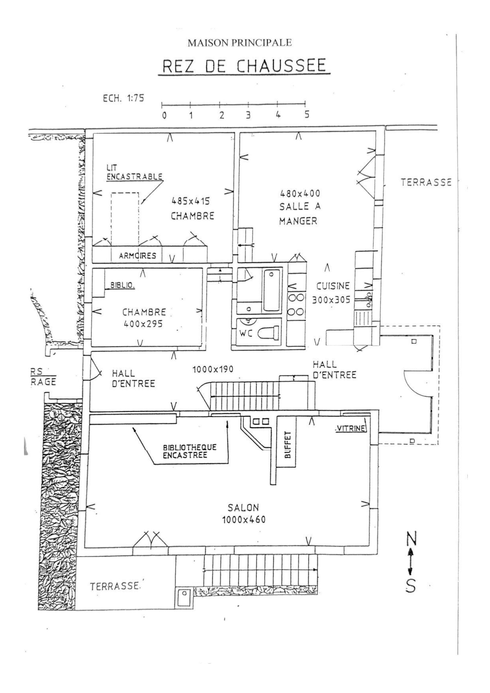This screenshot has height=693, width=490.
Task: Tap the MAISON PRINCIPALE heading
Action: (240, 43)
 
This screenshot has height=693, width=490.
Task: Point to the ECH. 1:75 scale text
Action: (124, 99)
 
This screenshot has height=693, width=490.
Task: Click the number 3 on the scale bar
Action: (248, 115)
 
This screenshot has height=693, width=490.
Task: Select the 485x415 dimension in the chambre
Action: (190, 200)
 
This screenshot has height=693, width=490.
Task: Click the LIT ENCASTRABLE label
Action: (134, 173)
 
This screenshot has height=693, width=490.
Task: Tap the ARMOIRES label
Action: (137, 256)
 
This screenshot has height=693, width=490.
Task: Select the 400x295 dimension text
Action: (143, 324)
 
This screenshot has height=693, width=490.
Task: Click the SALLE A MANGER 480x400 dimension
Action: (300, 193)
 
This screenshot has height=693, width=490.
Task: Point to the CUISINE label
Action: (333, 286)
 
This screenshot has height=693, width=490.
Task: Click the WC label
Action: (246, 334)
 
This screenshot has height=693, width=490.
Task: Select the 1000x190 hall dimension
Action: (213, 369)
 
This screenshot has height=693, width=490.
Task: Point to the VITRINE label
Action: (351, 428)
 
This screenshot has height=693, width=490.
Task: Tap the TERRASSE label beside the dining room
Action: (426, 182)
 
